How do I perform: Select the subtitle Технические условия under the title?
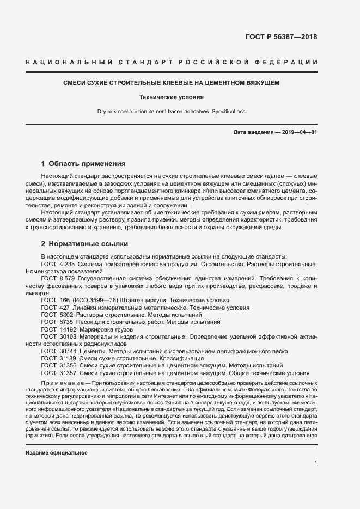171,97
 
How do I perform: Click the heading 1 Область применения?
83,163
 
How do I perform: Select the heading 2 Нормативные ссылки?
84,243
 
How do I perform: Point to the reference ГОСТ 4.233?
57,264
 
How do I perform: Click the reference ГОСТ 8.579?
57,278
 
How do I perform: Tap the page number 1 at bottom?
315,463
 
